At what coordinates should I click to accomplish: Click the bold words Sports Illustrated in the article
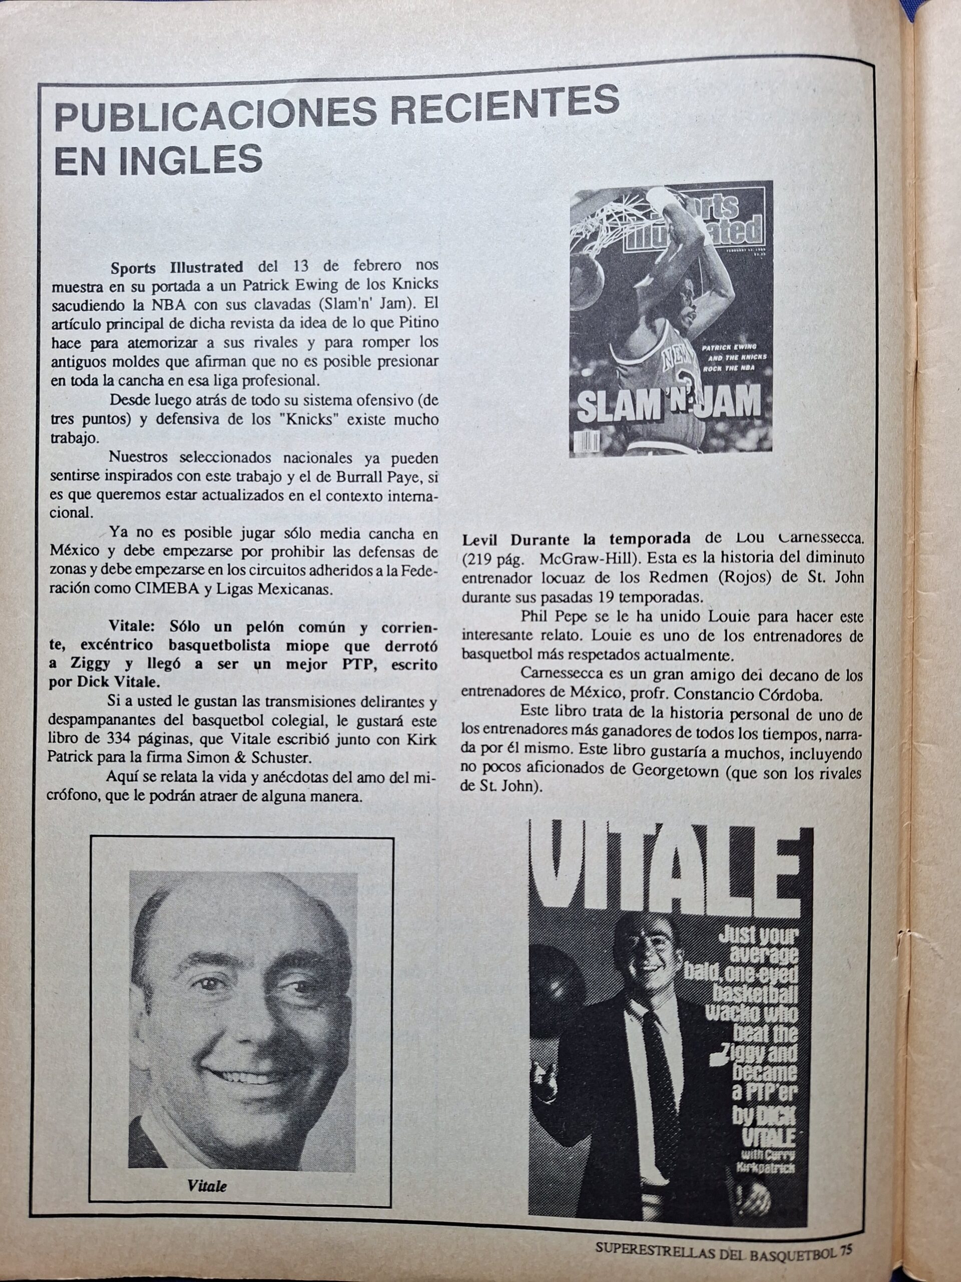click(177, 267)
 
